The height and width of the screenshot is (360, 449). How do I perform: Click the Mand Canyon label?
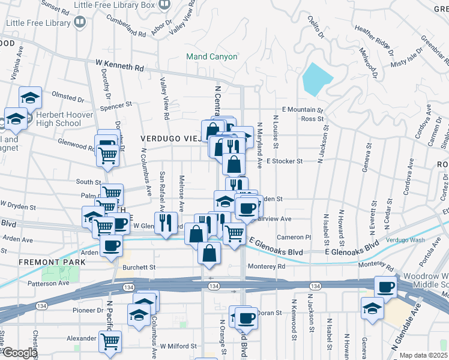point(212,56)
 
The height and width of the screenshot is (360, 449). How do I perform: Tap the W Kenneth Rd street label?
point(119,65)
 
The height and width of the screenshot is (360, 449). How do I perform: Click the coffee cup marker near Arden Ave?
point(111,245)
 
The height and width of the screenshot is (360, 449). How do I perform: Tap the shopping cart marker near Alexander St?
point(110,341)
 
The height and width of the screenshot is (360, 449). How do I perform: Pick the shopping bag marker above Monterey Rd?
point(208,253)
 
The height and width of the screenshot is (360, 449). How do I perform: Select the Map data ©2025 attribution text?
point(423,355)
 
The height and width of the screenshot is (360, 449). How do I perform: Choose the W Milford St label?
point(179,346)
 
